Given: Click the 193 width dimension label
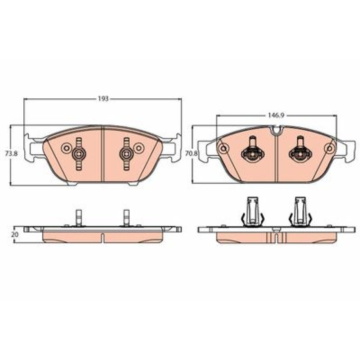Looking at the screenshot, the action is pyautogui.click(x=103, y=99).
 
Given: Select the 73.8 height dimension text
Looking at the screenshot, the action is pyautogui.click(x=11, y=154).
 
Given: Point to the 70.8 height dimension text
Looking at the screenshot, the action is pyautogui.click(x=191, y=153).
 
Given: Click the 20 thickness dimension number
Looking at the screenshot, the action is pyautogui.click(x=14, y=235).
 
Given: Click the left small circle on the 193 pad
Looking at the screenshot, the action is pyautogui.click(x=66, y=148).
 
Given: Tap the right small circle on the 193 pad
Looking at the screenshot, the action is pyautogui.click(x=139, y=148).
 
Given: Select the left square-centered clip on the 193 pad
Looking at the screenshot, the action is pyautogui.click(x=79, y=154).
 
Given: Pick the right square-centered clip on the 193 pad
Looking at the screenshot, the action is pyautogui.click(x=126, y=154).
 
